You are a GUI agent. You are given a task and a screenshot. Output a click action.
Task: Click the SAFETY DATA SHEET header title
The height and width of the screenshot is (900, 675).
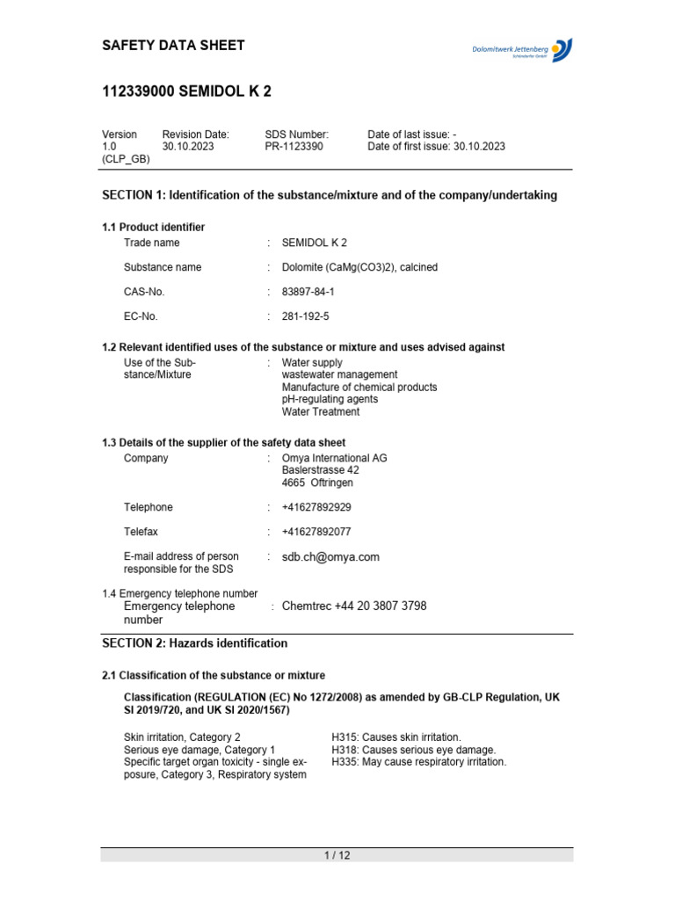(173, 46)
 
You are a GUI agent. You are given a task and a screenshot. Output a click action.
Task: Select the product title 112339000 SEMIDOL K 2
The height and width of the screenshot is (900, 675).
(181, 92)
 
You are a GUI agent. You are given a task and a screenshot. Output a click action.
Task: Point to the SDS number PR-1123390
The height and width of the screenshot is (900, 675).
(294, 147)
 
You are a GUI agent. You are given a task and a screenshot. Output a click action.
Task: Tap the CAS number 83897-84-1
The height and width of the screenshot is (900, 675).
(308, 291)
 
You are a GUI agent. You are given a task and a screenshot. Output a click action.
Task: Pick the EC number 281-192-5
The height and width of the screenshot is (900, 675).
(305, 316)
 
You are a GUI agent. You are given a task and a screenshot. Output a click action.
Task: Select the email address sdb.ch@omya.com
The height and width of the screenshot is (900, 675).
(330, 557)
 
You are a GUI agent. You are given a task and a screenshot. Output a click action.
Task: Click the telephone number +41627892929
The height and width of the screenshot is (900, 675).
(316, 507)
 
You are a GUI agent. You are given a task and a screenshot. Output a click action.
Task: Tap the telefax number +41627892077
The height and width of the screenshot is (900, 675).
(316, 532)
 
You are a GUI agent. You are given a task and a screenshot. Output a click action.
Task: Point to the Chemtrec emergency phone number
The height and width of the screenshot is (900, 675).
(354, 606)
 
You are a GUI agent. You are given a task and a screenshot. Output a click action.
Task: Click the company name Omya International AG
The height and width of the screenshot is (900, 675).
(334, 458)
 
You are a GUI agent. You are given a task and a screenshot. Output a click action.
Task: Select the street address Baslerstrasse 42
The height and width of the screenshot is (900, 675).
(320, 470)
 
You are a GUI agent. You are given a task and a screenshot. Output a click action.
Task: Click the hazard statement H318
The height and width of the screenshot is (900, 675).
(413, 750)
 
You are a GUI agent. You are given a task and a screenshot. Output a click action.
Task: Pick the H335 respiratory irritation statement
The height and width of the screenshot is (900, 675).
(418, 762)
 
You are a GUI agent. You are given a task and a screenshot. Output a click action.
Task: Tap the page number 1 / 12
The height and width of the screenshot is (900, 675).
(337, 856)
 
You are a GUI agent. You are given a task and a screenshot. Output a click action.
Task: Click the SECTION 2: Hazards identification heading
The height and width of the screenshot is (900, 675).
(194, 643)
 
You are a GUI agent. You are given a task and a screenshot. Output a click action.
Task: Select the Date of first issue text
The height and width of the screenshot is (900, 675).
(436, 147)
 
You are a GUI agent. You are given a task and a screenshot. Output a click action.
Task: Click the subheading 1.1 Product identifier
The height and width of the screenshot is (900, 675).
(153, 228)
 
